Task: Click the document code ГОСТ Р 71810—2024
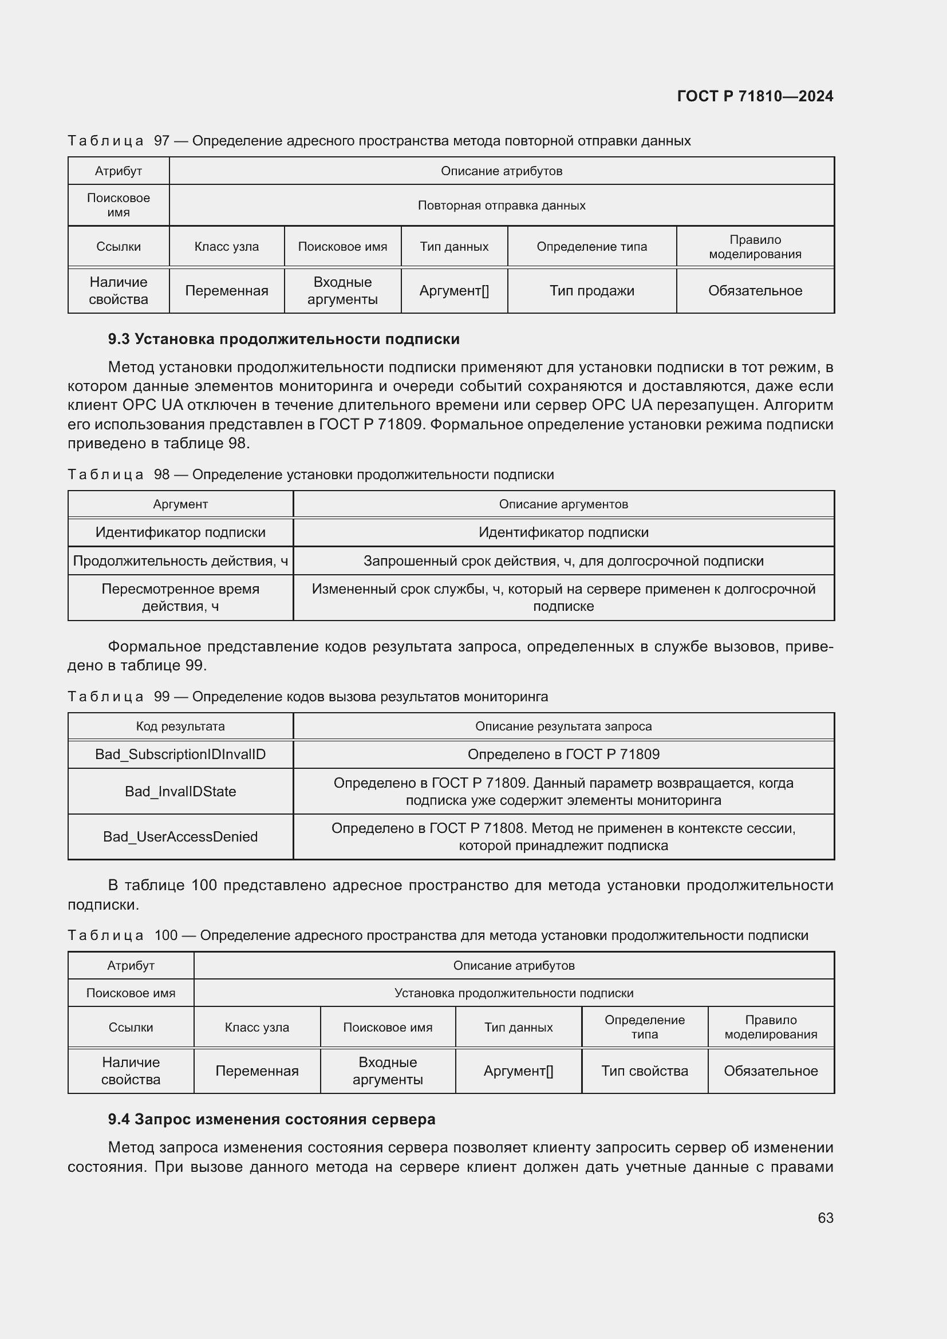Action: pos(755,96)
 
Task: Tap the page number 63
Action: pos(825,1218)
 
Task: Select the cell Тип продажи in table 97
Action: pos(591,290)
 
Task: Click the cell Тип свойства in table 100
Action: pos(644,1071)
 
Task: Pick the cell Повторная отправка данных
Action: pos(501,206)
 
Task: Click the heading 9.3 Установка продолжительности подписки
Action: pos(283,339)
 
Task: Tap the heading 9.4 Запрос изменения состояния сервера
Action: pos(271,1119)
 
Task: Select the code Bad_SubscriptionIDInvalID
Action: pos(180,754)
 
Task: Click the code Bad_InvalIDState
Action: pos(180,791)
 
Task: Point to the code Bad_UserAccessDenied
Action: pos(180,836)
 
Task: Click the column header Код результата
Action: pos(180,726)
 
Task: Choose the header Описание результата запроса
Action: pos(563,726)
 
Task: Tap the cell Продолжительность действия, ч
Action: pos(180,560)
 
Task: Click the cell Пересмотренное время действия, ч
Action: pos(180,597)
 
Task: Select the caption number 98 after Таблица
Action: pos(161,475)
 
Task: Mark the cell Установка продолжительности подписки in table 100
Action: pos(513,993)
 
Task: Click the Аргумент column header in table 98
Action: pos(180,504)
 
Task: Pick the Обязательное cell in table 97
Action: pos(755,290)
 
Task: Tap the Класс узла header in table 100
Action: pos(257,1027)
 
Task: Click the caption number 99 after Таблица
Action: pos(161,697)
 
